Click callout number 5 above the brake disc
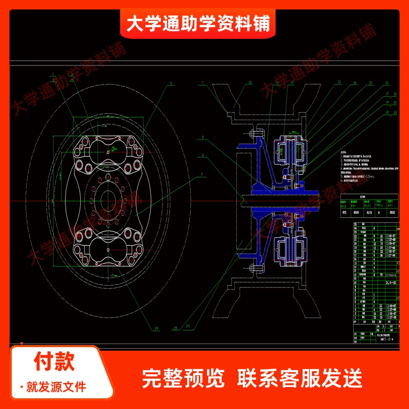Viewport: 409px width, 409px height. (172, 83)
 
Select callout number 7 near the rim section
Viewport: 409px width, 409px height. (202, 83)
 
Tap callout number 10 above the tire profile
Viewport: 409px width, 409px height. (249, 82)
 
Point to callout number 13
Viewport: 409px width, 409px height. (339, 82)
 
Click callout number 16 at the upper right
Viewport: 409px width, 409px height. (387, 82)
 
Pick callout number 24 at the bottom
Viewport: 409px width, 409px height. (156, 328)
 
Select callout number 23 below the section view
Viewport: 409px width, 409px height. (188, 326)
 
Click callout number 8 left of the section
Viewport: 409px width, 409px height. (202, 137)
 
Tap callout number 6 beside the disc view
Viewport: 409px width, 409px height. (202, 174)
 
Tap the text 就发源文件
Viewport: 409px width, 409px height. (56, 387)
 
